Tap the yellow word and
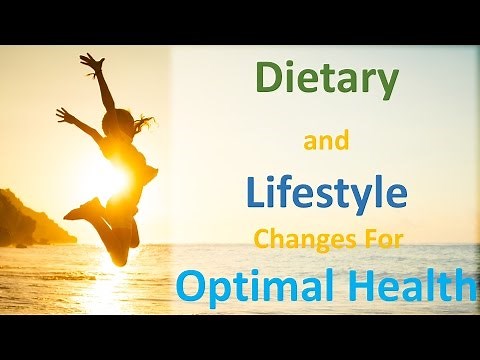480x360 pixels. [x=326, y=143]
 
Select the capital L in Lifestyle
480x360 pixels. [x=253, y=192]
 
